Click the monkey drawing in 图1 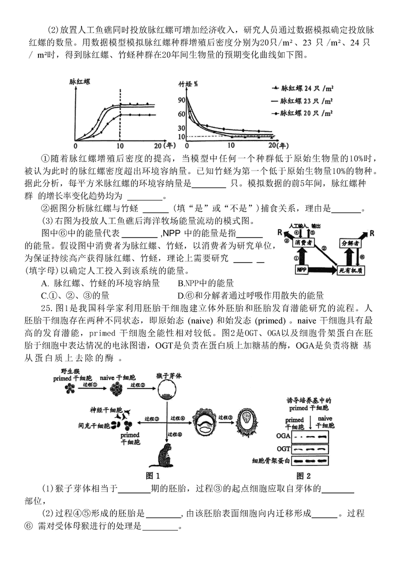point(162,454)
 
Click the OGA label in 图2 point(283,435)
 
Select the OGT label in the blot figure point(283,448)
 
